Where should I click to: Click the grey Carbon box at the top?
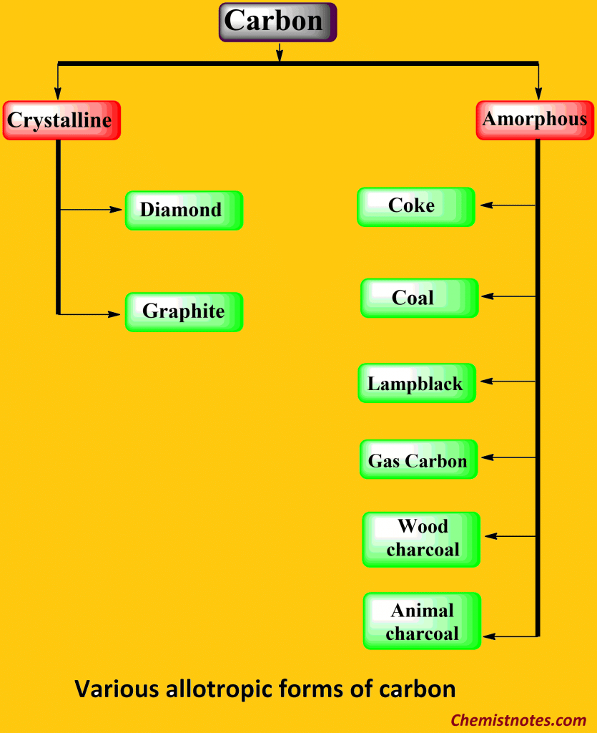click(277, 22)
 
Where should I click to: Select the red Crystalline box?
click(61, 120)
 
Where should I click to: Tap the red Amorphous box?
click(535, 120)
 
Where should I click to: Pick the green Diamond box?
click(184, 210)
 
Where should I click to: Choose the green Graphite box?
click(184, 312)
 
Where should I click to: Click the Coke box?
click(416, 207)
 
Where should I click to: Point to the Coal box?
click(419, 298)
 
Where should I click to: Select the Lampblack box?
click(417, 383)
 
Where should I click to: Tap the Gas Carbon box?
click(419, 459)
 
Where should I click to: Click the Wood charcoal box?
click(421, 540)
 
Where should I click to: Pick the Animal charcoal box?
click(422, 621)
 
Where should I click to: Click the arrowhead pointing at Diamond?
click(116, 210)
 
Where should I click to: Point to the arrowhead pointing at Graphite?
click(114, 314)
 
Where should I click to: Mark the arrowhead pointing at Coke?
click(487, 205)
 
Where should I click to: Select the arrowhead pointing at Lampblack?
click(487, 381)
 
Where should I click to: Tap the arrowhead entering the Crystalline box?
click(58, 93)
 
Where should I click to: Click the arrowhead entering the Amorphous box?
click(538, 93)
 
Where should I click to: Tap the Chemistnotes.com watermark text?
click(518, 720)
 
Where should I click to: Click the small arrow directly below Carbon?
click(279, 52)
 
